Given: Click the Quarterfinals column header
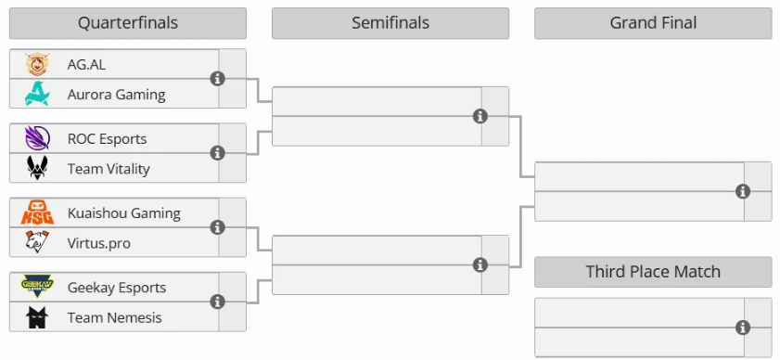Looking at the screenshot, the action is pyautogui.click(x=128, y=23).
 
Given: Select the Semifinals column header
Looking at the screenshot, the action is pyautogui.click(x=390, y=23).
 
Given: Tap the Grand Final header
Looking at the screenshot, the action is pyautogui.click(x=653, y=23).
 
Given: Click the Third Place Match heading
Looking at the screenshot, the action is pyautogui.click(x=653, y=272).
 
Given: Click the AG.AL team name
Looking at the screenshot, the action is pyautogui.click(x=86, y=65).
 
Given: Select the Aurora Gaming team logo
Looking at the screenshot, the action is pyautogui.click(x=37, y=94).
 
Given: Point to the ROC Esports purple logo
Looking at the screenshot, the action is pyautogui.click(x=37, y=138).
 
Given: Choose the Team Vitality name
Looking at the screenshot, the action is pyautogui.click(x=109, y=169).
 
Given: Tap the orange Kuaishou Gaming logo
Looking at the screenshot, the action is pyautogui.click(x=37, y=212).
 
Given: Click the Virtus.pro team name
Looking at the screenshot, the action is pyautogui.click(x=99, y=243).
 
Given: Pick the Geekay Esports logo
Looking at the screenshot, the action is pyautogui.click(x=37, y=287).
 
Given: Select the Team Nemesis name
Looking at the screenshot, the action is pyautogui.click(x=114, y=317).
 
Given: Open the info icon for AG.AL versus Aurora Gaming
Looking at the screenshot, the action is pyautogui.click(x=217, y=78).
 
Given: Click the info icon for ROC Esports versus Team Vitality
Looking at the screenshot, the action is pyautogui.click(x=217, y=153).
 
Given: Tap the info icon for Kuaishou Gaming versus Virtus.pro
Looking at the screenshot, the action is pyautogui.click(x=217, y=227).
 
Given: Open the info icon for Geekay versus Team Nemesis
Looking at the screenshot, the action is pyautogui.click(x=217, y=302).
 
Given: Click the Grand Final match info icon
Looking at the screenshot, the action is pyautogui.click(x=743, y=191).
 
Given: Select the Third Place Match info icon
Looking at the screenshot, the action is pyautogui.click(x=743, y=328).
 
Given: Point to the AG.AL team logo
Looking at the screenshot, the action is pyautogui.click(x=37, y=64).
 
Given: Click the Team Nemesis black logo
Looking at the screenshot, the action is pyautogui.click(x=37, y=317).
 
